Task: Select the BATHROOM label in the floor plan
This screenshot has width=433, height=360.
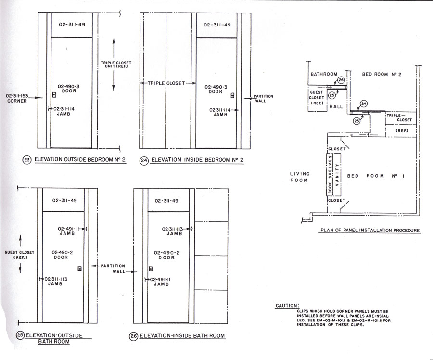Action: tap(324, 74)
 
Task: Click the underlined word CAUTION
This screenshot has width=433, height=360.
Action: tap(287, 306)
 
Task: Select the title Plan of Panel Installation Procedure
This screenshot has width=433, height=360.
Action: tap(370, 231)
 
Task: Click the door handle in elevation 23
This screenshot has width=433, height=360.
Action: tap(54, 95)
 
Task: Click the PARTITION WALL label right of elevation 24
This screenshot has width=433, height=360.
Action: tap(263, 99)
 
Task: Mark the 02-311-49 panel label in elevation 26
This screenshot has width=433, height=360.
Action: tap(166, 201)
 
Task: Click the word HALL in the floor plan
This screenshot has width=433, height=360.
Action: tap(336, 106)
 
